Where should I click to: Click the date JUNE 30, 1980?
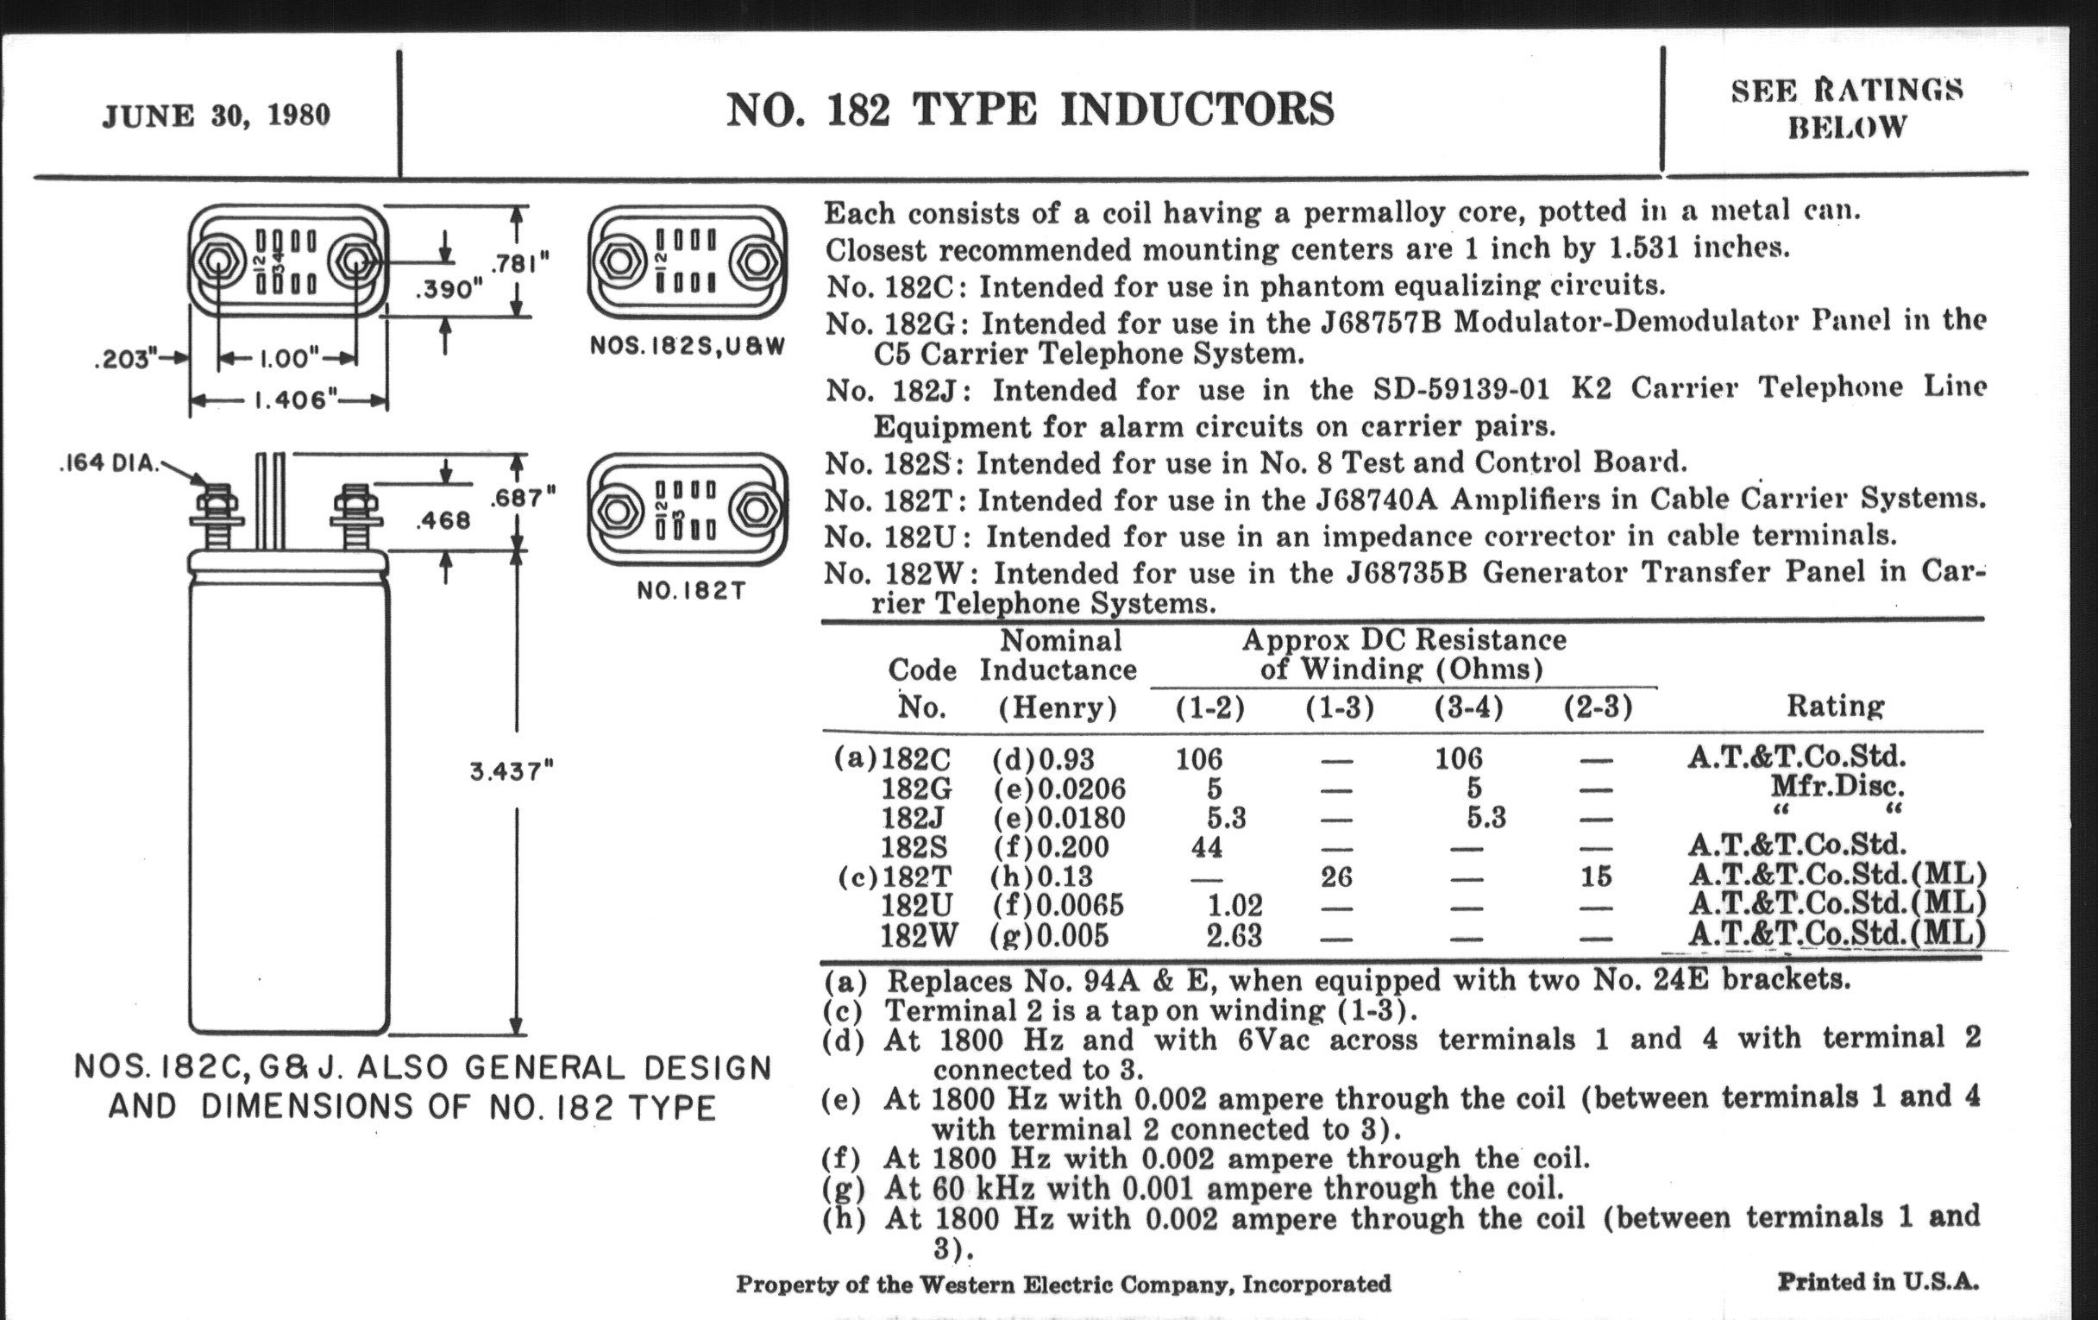click(x=216, y=116)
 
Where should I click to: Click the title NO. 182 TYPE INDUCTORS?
click(x=1030, y=110)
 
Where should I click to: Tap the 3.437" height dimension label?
click(x=512, y=771)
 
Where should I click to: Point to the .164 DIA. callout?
click(x=110, y=462)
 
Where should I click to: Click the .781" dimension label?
click(x=521, y=262)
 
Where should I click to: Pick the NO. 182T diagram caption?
click(x=691, y=591)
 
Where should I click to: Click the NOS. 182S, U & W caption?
click(x=688, y=346)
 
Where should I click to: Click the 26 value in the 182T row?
click(x=1336, y=876)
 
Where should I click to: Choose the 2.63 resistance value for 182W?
click(x=1234, y=935)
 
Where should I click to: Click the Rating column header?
click(x=1836, y=706)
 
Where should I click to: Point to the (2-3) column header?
click(x=1597, y=707)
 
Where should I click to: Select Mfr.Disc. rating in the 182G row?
click(x=1837, y=787)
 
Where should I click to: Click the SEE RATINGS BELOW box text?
click(x=1846, y=109)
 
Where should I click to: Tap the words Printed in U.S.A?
click(x=1878, y=1282)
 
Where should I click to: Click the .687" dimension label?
click(x=522, y=498)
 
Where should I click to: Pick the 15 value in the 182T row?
click(x=1595, y=876)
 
